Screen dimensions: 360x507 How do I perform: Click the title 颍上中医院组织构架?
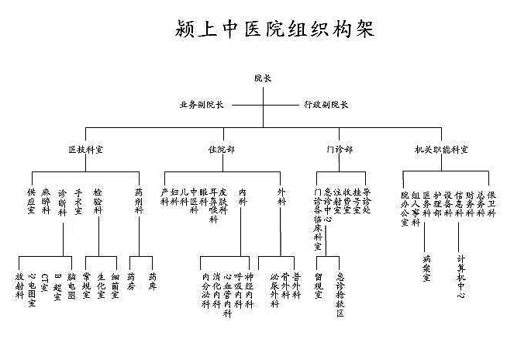tap(275, 29)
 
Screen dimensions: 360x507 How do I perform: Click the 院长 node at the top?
tap(262, 78)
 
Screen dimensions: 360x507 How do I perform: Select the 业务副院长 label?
tap(201, 105)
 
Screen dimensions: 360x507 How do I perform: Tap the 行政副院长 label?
tap(325, 105)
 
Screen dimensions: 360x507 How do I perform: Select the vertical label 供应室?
tap(32, 201)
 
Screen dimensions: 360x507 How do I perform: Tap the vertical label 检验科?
tap(97, 201)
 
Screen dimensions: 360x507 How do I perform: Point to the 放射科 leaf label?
tap(19, 286)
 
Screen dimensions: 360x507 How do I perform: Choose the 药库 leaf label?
tap(152, 280)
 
